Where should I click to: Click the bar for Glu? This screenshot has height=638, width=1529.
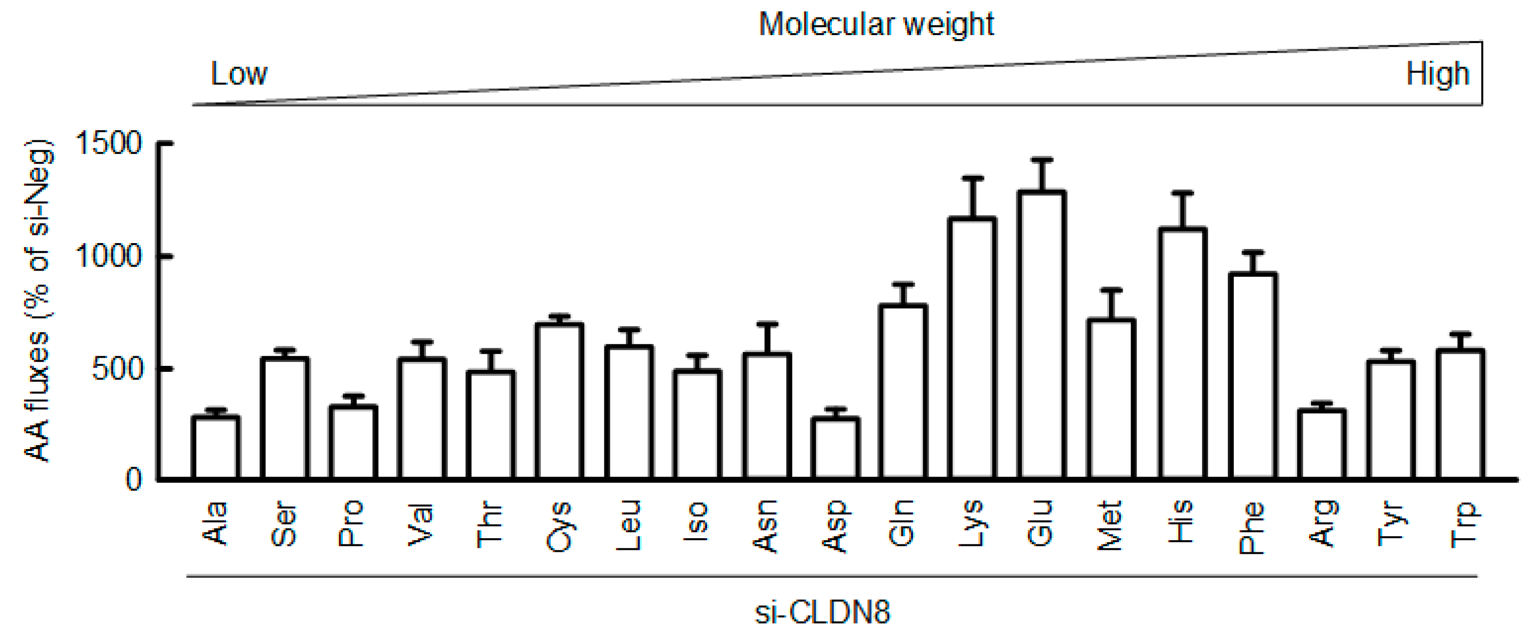coord(1042,335)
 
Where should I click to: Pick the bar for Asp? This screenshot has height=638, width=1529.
coord(836,448)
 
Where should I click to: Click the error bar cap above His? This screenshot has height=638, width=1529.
coord(1182,193)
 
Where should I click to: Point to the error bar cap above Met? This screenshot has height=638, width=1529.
coord(1112,290)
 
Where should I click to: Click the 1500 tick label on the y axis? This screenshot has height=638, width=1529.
coord(110,144)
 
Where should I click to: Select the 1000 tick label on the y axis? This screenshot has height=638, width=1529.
coord(110,257)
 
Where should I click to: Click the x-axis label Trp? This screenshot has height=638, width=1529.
coord(1463,525)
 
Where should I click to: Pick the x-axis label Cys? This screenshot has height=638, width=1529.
coord(559,527)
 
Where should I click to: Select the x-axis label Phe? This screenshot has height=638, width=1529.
coord(1252,528)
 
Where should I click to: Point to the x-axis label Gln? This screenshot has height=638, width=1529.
coord(901,523)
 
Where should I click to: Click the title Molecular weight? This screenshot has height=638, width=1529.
coord(876,25)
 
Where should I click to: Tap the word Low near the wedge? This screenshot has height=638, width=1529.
coord(239,74)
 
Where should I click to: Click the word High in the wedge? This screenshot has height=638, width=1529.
coord(1437,74)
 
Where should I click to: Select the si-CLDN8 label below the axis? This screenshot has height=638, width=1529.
coord(823,612)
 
